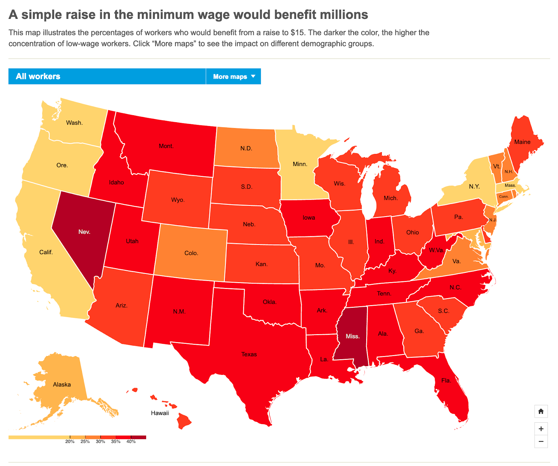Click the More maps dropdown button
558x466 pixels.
pyautogui.click(x=233, y=76)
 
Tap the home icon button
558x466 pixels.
pyautogui.click(x=541, y=411)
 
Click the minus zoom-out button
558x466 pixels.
pyautogui.click(x=541, y=442)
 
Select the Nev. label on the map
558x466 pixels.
pyautogui.click(x=84, y=232)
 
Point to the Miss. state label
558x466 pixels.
pyautogui.click(x=352, y=336)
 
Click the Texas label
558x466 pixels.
pyautogui.click(x=249, y=354)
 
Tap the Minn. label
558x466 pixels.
pyautogui.click(x=300, y=164)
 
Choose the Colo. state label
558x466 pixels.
pyautogui.click(x=191, y=253)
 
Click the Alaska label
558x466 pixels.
pyautogui.click(x=62, y=384)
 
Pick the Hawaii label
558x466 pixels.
pyautogui.click(x=160, y=413)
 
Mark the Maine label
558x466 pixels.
pyautogui.click(x=522, y=142)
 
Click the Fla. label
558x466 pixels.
pyautogui.click(x=446, y=380)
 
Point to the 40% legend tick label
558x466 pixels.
pyautogui.click(x=131, y=442)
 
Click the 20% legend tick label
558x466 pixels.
pyautogui.click(x=70, y=442)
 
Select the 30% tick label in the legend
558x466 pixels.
pyautogui.click(x=100, y=442)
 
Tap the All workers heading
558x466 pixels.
pyautogui.click(x=38, y=76)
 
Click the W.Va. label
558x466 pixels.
pyautogui.click(x=436, y=250)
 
